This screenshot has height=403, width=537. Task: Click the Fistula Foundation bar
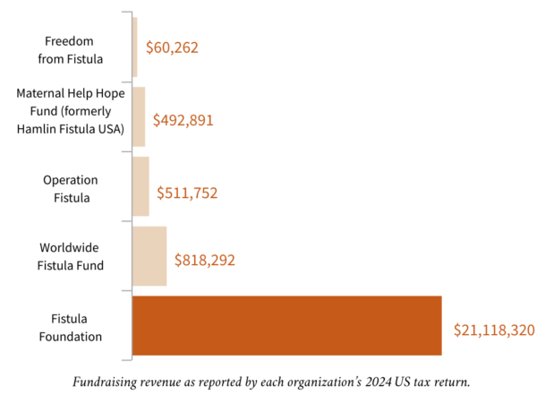286,325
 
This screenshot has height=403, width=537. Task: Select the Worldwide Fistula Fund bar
149,256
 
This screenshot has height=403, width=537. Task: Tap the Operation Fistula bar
141,186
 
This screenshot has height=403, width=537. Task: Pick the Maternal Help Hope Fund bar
139,116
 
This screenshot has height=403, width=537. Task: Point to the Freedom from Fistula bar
134,47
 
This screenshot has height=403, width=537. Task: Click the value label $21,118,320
494,330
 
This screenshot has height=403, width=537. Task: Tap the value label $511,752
187,192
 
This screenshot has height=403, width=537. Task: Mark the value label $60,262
172,48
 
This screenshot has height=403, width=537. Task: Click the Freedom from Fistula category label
71,49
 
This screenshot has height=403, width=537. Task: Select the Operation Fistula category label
71,189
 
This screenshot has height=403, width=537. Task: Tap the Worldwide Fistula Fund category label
71,256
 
